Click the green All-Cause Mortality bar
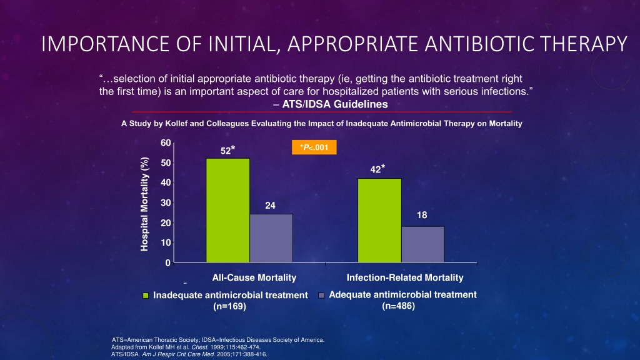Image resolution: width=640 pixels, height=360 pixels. (x=227, y=210)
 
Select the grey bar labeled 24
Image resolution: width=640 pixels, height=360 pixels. (x=271, y=238)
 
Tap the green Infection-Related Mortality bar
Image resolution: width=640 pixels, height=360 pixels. (x=379, y=221)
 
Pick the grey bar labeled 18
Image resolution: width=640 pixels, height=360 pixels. (x=423, y=244)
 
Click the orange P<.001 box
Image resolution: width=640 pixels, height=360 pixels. (x=314, y=147)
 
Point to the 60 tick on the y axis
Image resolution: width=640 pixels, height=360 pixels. (x=166, y=143)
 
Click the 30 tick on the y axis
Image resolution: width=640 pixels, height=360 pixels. (x=166, y=203)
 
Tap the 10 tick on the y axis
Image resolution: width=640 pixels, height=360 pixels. (x=166, y=243)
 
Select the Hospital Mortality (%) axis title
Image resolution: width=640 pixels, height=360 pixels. (x=144, y=204)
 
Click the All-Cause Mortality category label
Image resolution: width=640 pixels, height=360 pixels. (x=254, y=277)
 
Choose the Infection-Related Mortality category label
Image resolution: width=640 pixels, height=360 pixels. (x=405, y=277)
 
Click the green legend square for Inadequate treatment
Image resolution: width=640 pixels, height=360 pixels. (x=146, y=296)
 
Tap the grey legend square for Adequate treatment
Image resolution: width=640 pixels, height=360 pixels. (x=321, y=295)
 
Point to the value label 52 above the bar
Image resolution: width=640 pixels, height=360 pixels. (x=226, y=151)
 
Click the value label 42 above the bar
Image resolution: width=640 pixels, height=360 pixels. (x=376, y=169)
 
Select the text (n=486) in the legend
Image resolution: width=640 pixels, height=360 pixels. (x=398, y=306)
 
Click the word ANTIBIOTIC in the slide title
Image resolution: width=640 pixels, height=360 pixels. (x=479, y=44)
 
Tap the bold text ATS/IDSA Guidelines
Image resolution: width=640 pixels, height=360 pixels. (x=335, y=104)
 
